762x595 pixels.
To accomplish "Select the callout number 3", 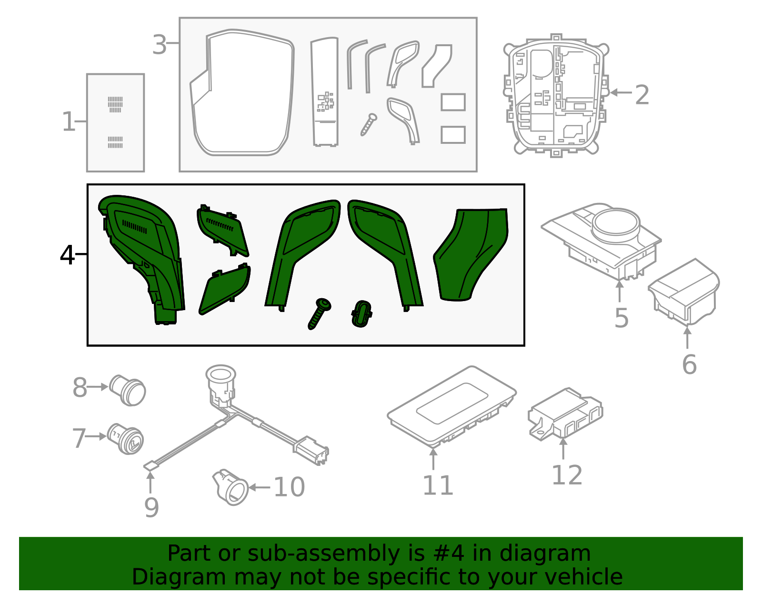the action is pyautogui.click(x=159, y=44).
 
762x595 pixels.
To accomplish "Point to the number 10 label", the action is pyautogui.click(x=289, y=487).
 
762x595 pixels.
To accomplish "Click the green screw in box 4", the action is pyautogui.click(x=319, y=313).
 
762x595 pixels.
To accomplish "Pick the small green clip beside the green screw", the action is pyautogui.click(x=361, y=314).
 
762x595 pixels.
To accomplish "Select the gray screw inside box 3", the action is pyautogui.click(x=369, y=124).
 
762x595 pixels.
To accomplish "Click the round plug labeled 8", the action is pyautogui.click(x=128, y=390).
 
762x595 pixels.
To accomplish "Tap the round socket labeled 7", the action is pyautogui.click(x=125, y=439).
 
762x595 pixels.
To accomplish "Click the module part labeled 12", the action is pyautogui.click(x=565, y=414).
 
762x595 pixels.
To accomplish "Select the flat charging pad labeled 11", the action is pyautogui.click(x=451, y=407).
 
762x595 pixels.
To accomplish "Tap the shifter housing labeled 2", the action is pyautogui.click(x=556, y=95).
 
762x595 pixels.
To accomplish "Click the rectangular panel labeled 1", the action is pyautogui.click(x=115, y=123).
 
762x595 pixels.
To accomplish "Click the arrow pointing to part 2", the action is pyautogui.click(x=621, y=92).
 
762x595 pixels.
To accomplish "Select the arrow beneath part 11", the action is pyautogui.click(x=433, y=459).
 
